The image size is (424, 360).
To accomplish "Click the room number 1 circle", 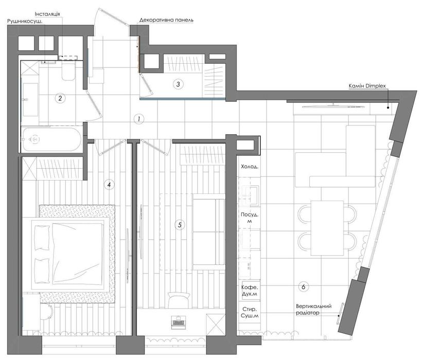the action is (x=139, y=119).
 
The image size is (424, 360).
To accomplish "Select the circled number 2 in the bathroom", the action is (x=60, y=98).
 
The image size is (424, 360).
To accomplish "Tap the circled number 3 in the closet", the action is (x=178, y=84).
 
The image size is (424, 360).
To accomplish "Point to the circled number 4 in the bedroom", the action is (x=109, y=185).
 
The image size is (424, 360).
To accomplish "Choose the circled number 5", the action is (x=180, y=225).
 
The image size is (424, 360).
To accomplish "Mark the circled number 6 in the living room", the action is (x=304, y=286).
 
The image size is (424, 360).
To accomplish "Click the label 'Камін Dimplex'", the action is (x=367, y=86).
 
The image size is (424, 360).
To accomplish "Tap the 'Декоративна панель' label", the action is (x=166, y=20).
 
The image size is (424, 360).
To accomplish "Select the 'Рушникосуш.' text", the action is (x=25, y=21).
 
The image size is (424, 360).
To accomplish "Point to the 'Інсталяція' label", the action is (x=47, y=14).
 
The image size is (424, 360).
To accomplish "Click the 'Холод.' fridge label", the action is (x=250, y=167).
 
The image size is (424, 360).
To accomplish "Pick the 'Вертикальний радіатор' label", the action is (x=314, y=310).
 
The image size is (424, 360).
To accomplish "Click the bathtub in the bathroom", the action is (x=51, y=139).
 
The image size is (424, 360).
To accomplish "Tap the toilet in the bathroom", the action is (x=68, y=71).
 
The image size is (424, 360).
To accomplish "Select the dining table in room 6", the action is (x=327, y=228).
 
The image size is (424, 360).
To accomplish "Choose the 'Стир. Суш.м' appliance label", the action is (x=250, y=313).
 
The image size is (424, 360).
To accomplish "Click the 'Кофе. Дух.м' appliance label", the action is (x=250, y=291).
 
